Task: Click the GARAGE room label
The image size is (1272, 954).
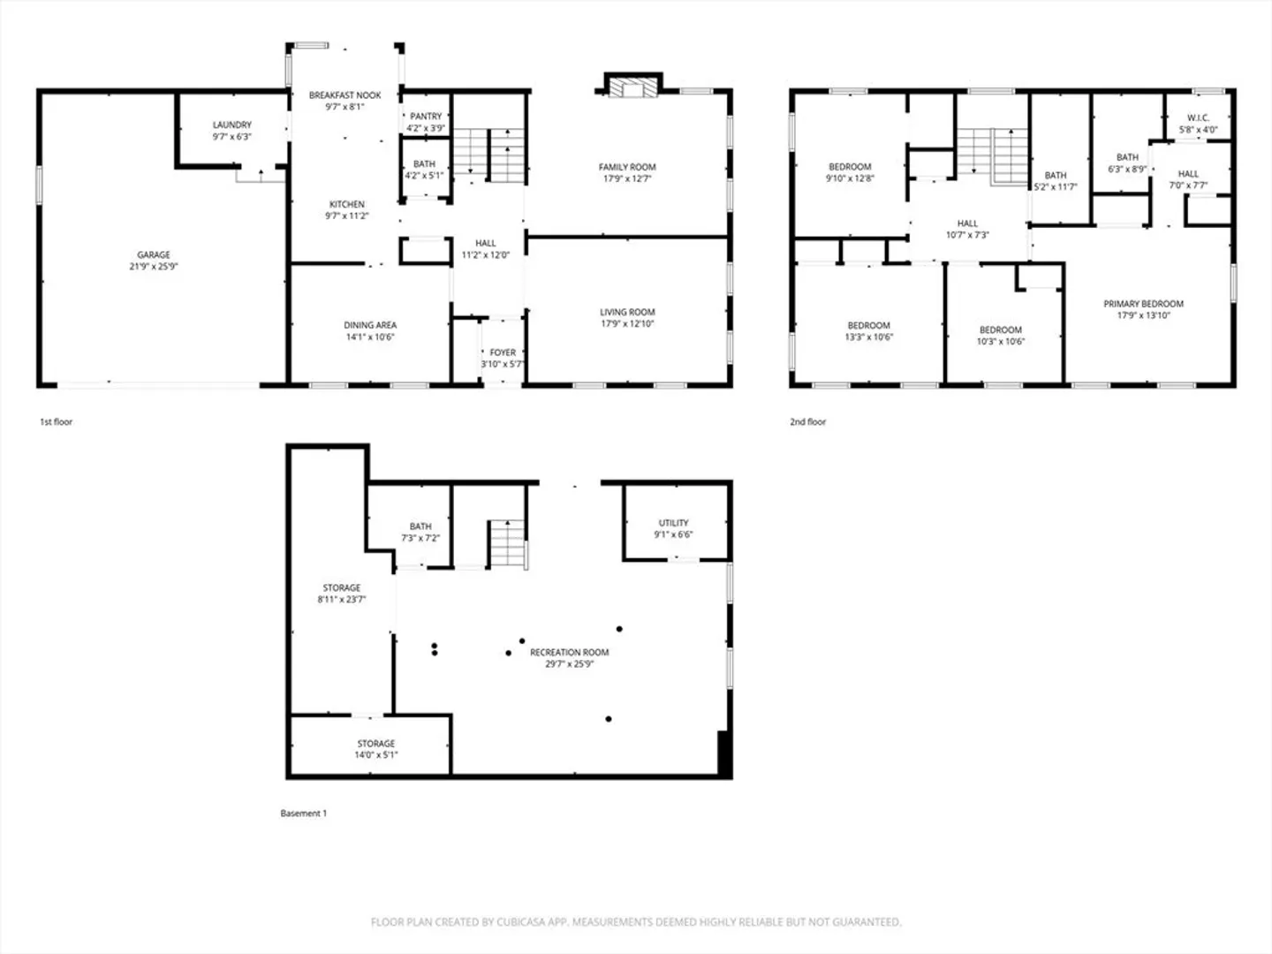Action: (154, 254)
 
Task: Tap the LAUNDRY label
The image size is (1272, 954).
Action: (231, 125)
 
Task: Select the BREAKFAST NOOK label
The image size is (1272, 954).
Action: (344, 95)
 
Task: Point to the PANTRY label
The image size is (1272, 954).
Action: (426, 117)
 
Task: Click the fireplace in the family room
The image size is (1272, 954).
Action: (632, 87)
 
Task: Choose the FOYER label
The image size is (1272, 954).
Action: (503, 352)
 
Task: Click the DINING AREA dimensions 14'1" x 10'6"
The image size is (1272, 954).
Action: (370, 337)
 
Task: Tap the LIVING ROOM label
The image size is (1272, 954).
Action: (627, 312)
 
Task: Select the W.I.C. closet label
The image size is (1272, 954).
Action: (1199, 118)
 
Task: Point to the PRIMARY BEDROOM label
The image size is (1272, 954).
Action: (1143, 304)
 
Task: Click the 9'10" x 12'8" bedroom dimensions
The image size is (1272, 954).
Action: (850, 178)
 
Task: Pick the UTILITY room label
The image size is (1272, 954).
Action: (673, 522)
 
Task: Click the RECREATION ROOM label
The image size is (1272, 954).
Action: (569, 652)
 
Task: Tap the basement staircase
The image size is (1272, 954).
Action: (509, 544)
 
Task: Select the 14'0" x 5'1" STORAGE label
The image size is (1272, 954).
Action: (376, 743)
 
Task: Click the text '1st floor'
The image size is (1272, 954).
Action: (57, 421)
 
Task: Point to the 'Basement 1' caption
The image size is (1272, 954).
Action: (304, 814)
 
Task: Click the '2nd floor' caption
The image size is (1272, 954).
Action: (808, 421)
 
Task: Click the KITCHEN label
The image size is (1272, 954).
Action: (347, 204)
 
